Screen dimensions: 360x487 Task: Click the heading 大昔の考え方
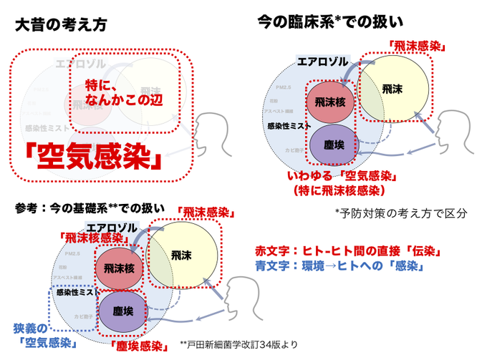60,25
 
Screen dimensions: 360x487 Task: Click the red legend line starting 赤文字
348,252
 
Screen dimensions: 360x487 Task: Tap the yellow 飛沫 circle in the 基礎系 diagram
183,254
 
